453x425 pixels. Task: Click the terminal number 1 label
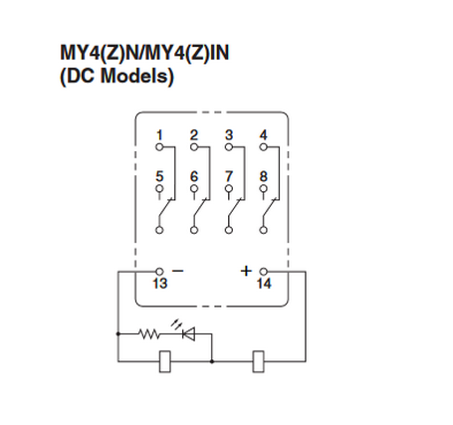point(159,135)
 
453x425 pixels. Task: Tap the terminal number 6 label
point(194,176)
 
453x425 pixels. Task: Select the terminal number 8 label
point(263,176)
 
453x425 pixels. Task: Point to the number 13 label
point(160,284)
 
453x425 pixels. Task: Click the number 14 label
point(264,284)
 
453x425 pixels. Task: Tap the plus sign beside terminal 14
point(246,271)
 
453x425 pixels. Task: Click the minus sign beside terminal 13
point(178,271)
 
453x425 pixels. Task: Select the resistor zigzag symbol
point(149,333)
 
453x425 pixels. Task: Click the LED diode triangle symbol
point(189,333)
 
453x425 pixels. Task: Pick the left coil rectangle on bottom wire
point(165,361)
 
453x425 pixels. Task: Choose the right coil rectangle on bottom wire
point(259,361)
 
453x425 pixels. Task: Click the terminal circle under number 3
point(229,147)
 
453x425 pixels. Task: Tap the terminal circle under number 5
point(159,188)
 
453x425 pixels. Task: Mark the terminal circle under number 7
point(229,188)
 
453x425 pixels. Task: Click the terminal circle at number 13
point(159,272)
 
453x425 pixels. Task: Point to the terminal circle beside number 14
point(264,272)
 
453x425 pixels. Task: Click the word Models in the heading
point(136,76)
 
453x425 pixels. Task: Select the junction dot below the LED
point(212,361)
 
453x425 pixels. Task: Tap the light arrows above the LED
point(176,323)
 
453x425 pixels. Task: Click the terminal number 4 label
point(263,135)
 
